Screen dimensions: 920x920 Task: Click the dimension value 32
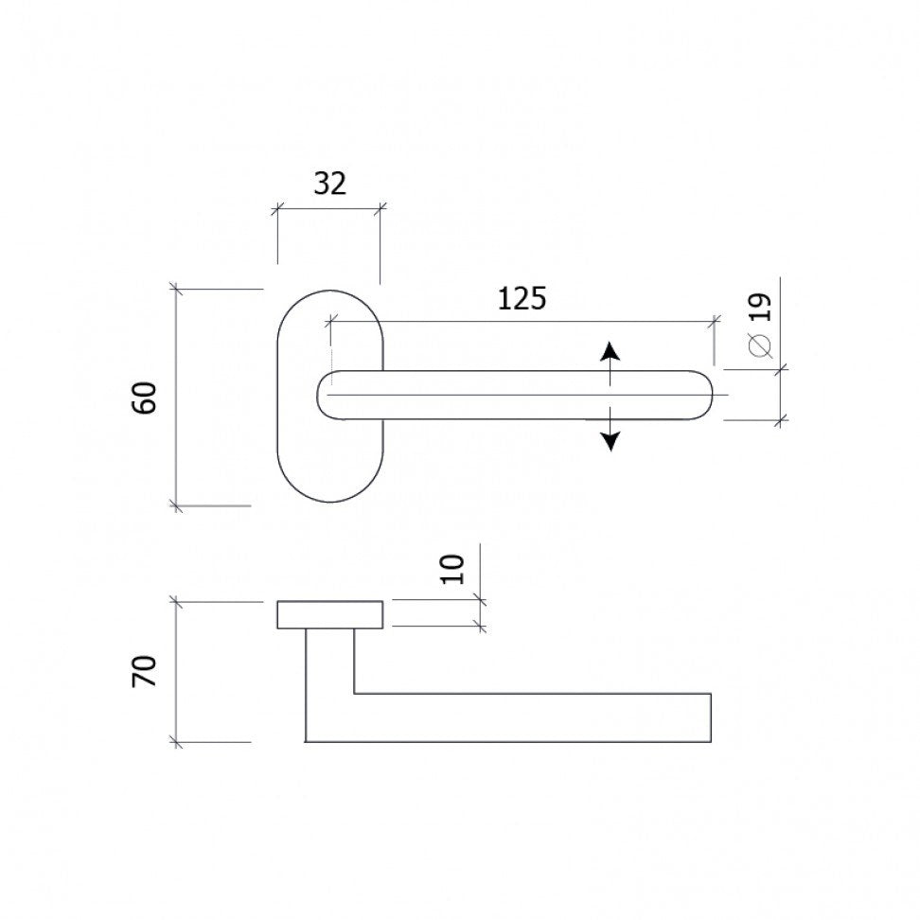tap(330, 184)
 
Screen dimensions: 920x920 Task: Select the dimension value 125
tap(522, 298)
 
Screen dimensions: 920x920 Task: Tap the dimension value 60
tap(145, 398)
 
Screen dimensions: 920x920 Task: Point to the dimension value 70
tap(145, 671)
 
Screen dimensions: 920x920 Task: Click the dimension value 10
tap(452, 569)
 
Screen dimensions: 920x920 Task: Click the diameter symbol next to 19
tap(760, 345)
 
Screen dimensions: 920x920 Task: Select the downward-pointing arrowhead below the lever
tap(610, 441)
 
